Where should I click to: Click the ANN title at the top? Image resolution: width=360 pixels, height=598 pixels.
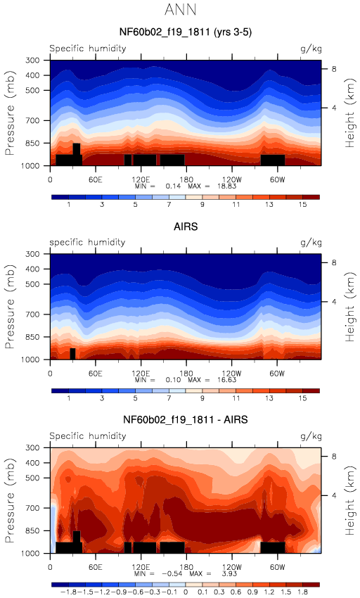click(x=181, y=10)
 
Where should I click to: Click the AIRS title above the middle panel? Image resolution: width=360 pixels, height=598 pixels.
click(x=186, y=227)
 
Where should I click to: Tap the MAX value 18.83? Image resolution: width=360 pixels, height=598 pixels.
click(x=227, y=186)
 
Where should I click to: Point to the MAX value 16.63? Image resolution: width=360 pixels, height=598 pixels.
click(x=227, y=380)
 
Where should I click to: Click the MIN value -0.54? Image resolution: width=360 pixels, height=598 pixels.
click(x=172, y=573)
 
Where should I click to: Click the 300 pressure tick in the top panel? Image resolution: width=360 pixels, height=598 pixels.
click(x=33, y=61)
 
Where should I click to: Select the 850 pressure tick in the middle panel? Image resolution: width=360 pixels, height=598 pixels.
click(x=33, y=337)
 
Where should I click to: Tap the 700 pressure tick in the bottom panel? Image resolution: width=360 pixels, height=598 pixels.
click(x=33, y=508)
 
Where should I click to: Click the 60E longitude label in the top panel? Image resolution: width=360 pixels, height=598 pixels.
click(x=96, y=179)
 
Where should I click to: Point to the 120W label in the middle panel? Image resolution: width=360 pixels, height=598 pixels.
click(x=231, y=374)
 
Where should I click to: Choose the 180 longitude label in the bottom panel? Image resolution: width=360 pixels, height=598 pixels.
click(x=186, y=567)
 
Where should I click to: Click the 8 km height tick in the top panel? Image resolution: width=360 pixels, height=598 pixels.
click(x=334, y=69)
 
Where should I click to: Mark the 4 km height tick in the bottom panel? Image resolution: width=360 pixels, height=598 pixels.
click(x=334, y=495)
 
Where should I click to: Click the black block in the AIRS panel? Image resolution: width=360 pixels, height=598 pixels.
click(x=72, y=354)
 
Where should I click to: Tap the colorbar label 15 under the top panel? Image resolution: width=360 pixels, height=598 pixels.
click(x=302, y=205)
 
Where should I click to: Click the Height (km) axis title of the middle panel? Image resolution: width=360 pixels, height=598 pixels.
click(x=349, y=307)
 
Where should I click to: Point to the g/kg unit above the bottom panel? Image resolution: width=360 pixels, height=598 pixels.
click(x=311, y=436)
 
